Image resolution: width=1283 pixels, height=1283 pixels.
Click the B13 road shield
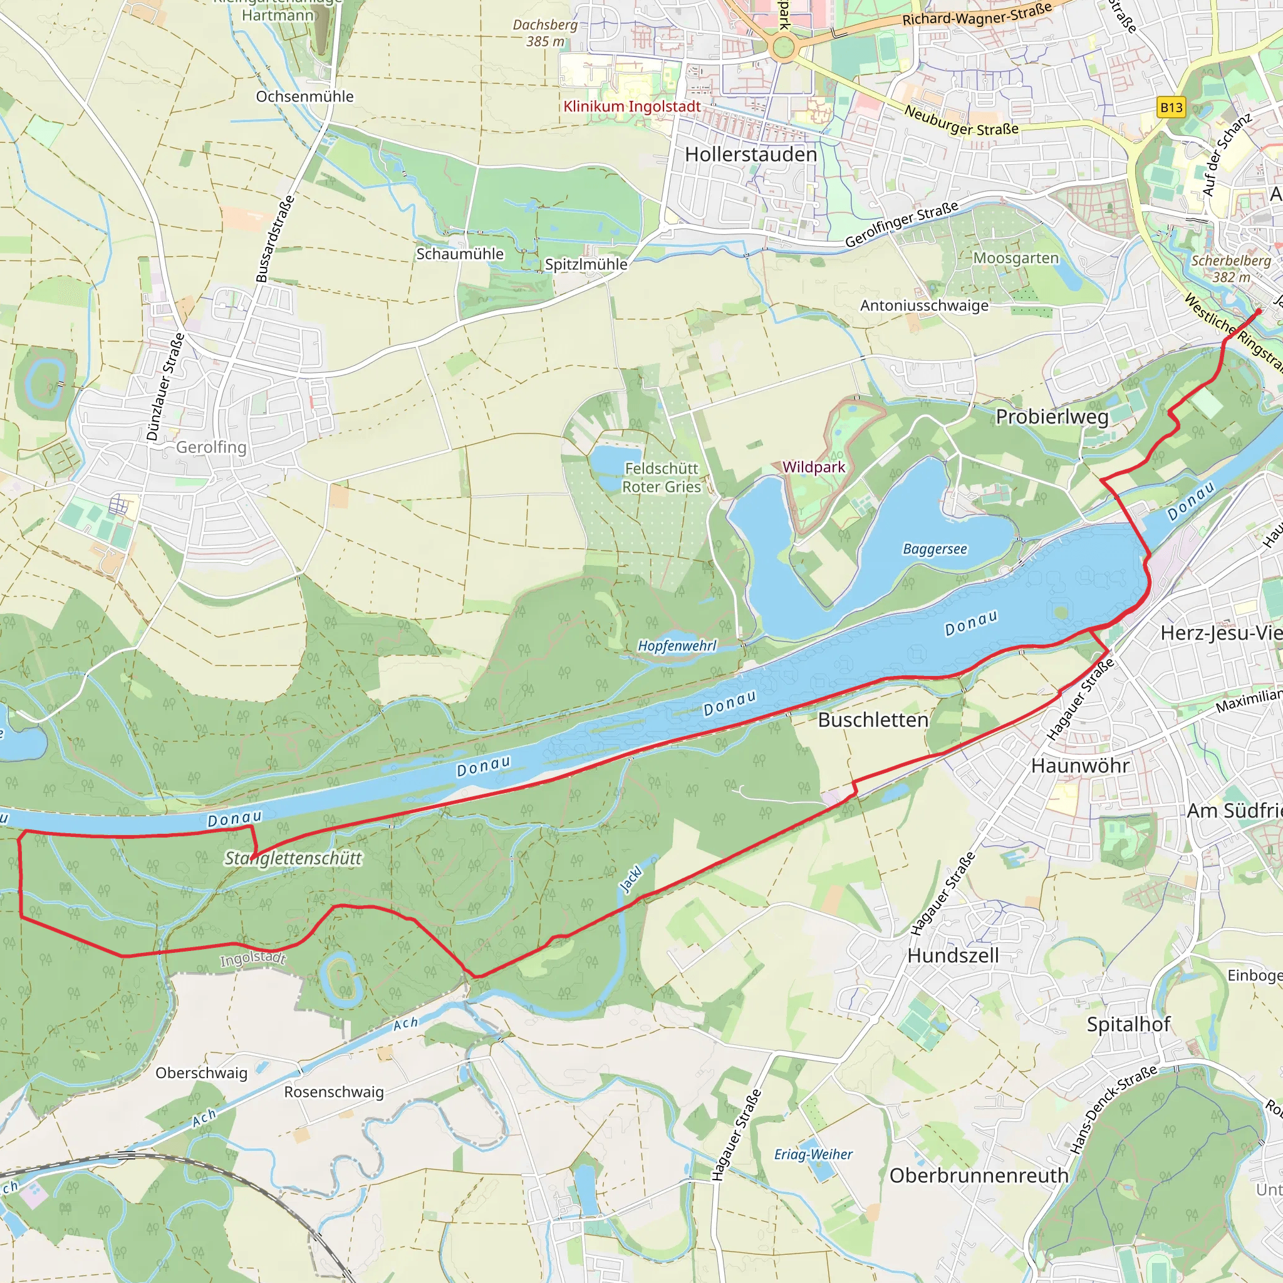(x=1171, y=108)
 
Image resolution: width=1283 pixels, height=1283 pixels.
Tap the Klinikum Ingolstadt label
(x=631, y=106)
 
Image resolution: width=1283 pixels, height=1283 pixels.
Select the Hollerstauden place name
(x=751, y=154)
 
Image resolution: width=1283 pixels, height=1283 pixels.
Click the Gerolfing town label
(x=210, y=447)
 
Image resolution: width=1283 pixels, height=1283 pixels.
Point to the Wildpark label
(x=814, y=467)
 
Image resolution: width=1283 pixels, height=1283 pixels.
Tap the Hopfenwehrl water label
(x=677, y=645)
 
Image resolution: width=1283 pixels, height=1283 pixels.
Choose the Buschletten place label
(x=873, y=720)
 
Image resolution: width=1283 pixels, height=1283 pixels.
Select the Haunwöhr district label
(x=1080, y=766)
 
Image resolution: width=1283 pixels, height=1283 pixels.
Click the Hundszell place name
(x=953, y=955)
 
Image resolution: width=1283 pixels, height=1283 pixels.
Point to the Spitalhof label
(x=1128, y=1024)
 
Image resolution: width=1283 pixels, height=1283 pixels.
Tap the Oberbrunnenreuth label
(x=979, y=1175)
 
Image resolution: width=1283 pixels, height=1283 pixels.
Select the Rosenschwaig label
(x=334, y=1092)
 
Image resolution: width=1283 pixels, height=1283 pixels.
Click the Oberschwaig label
(x=201, y=1073)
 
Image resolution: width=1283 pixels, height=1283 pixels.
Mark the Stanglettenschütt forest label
(x=293, y=858)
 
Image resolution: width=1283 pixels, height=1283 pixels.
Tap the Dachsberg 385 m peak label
(x=544, y=33)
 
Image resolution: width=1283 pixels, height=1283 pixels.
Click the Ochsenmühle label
(x=305, y=96)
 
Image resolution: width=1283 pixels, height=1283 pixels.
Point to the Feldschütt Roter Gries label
(x=662, y=477)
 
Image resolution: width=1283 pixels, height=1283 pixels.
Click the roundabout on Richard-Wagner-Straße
(x=784, y=47)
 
